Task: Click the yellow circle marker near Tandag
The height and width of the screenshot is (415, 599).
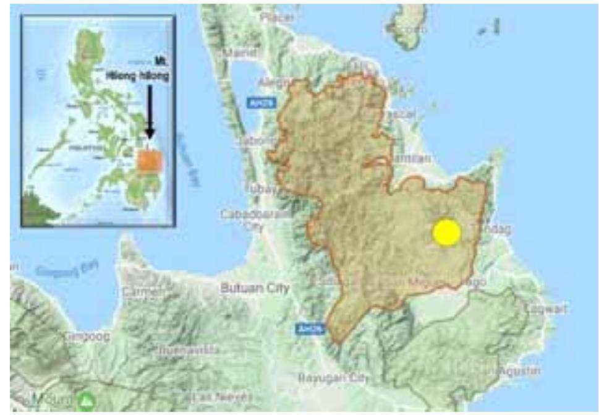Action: tap(446, 232)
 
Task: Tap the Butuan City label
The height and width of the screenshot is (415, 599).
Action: tap(255, 288)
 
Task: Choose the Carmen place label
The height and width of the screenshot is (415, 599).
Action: tap(138, 291)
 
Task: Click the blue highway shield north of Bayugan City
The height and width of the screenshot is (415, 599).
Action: tap(307, 328)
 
